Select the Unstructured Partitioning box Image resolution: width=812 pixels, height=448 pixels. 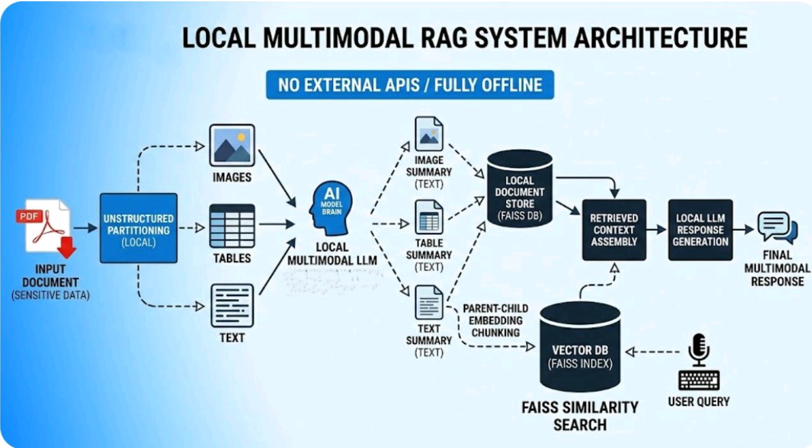pyautogui.click(x=138, y=228)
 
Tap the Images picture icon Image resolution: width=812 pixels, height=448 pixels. pyautogui.click(x=231, y=145)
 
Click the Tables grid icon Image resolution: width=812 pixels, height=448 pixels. pyautogui.click(x=231, y=226)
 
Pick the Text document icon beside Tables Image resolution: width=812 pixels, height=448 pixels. pyautogui.click(x=231, y=306)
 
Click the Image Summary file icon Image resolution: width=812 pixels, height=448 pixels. pyautogui.click(x=429, y=134)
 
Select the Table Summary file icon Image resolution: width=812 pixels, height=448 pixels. pyautogui.click(x=429, y=217)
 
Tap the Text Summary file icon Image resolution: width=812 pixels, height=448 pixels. pyautogui.click(x=429, y=302)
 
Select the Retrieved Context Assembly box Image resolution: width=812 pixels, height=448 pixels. pyautogui.click(x=614, y=230)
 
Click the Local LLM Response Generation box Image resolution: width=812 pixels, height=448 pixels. pyautogui.click(x=700, y=230)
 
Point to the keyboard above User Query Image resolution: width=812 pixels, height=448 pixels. pyautogui.click(x=699, y=380)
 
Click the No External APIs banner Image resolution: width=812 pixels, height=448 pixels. pyautogui.click(x=410, y=85)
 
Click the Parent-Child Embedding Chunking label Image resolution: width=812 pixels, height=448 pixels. pyautogui.click(x=495, y=320)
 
